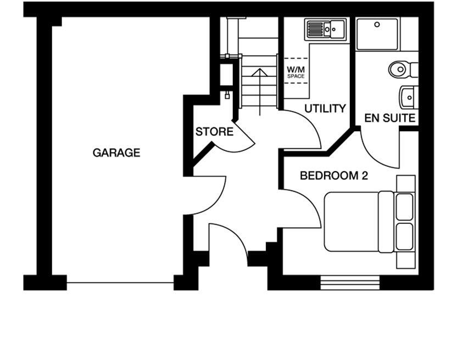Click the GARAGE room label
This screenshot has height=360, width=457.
[x=116, y=153]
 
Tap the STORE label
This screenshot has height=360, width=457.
[x=214, y=132]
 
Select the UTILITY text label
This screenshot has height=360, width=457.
[x=325, y=109]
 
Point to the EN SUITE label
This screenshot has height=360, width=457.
[x=389, y=117]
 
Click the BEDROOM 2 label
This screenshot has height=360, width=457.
[x=333, y=176]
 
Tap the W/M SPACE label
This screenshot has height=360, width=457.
[x=296, y=72]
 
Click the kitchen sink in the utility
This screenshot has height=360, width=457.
[x=325, y=29]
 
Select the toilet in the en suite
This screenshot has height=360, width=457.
[x=401, y=69]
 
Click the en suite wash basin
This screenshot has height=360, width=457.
[x=408, y=98]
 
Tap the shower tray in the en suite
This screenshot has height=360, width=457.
[x=377, y=33]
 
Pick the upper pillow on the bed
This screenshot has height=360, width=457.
[x=404, y=206]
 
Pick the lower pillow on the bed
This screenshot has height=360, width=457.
[x=404, y=237]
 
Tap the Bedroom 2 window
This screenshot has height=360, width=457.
[x=350, y=283]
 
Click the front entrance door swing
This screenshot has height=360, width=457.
[x=231, y=241]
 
